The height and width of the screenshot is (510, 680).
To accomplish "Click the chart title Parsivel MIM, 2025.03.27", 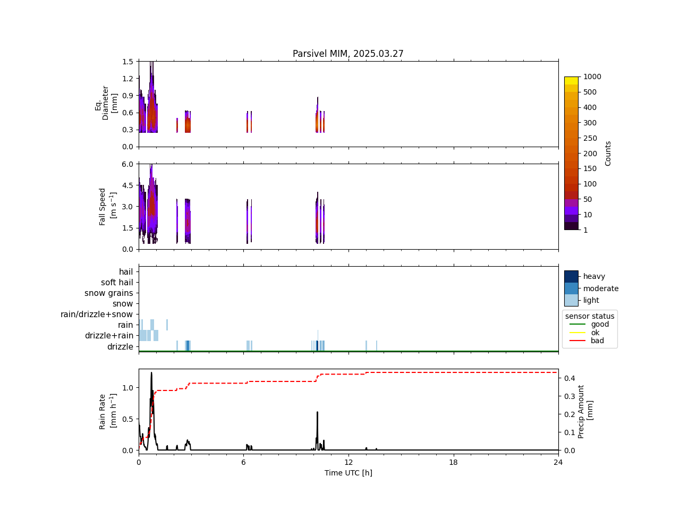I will [348, 54].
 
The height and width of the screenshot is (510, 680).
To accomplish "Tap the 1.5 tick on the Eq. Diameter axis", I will [127, 62].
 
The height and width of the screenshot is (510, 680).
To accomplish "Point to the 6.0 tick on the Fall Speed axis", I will [127, 164].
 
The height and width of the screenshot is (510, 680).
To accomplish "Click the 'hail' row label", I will [126, 272].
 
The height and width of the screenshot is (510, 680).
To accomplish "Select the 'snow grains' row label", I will [109, 293].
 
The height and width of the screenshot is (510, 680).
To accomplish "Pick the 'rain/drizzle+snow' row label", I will [97, 314].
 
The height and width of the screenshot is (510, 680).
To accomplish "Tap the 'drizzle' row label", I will [120, 347].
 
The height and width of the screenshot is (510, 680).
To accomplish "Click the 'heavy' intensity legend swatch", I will [571, 276].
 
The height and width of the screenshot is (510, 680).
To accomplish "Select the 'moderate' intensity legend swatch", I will [571, 288].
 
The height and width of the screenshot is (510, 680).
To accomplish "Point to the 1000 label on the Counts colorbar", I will [592, 77].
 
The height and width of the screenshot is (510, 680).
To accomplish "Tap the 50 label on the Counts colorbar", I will [588, 199].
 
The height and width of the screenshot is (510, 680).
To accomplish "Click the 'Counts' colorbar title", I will [608, 153].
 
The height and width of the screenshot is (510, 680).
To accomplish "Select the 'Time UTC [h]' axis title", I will [348, 473].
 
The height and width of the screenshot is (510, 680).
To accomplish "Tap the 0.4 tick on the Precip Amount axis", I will [570, 378].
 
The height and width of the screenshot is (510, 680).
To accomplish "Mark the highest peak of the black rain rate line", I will [151, 372].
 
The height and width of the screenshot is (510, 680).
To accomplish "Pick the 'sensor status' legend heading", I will [590, 316].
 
